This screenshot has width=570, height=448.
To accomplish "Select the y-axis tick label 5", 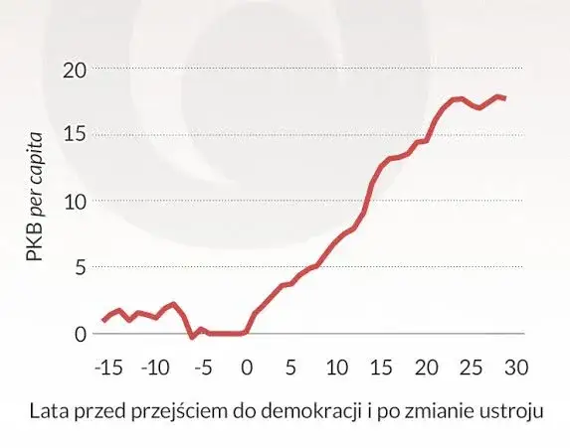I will click(x=80, y=267).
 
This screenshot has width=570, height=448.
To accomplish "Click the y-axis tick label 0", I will click(x=80, y=334).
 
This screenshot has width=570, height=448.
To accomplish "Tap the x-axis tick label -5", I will click(x=202, y=368).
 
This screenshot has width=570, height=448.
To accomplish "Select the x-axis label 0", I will click(x=247, y=368).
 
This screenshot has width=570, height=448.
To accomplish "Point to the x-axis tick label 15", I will click(x=381, y=368).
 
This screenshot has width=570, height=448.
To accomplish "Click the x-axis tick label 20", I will click(x=426, y=368).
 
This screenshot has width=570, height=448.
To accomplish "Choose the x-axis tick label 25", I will click(x=471, y=368).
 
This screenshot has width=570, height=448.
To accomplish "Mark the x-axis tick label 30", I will click(x=515, y=368).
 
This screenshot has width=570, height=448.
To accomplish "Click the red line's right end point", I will click(x=505, y=98).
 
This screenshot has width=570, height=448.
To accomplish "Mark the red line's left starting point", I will click(x=102, y=320).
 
